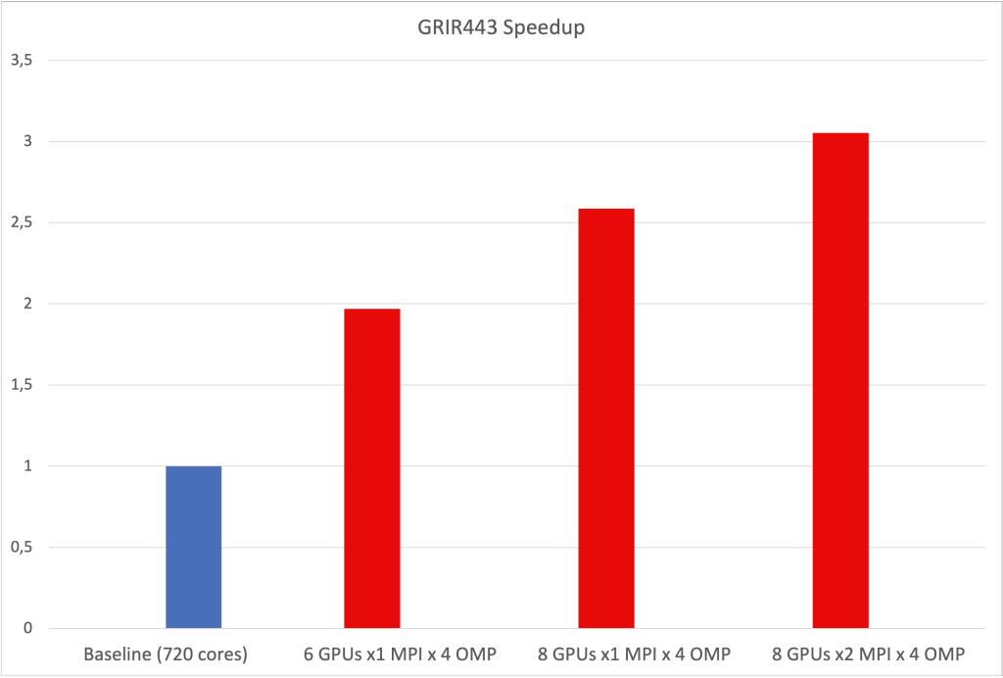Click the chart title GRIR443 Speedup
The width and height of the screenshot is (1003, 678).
pyautogui.click(x=501, y=27)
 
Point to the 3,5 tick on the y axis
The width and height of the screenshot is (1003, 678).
pyautogui.click(x=22, y=61)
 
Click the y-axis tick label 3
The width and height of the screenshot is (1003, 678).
pyautogui.click(x=28, y=142)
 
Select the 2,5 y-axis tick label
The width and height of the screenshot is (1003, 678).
pyautogui.click(x=22, y=223)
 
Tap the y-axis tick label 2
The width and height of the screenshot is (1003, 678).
pyautogui.click(x=28, y=304)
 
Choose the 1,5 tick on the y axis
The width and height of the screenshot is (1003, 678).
pyautogui.click(x=22, y=385)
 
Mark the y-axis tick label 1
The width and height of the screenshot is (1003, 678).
pyautogui.click(x=28, y=466)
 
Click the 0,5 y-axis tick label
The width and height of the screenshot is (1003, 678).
pyautogui.click(x=22, y=548)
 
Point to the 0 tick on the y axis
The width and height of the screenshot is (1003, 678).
pyautogui.click(x=28, y=629)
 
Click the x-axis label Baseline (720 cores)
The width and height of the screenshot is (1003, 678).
pyautogui.click(x=167, y=654)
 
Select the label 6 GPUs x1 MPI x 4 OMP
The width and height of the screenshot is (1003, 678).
pyautogui.click(x=401, y=654)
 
